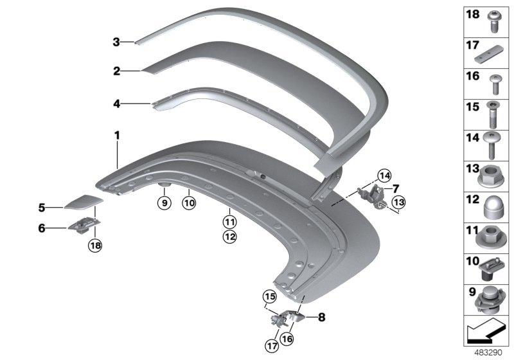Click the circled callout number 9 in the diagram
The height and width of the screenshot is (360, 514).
tap(164, 203)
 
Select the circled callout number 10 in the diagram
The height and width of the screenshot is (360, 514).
tap(188, 203)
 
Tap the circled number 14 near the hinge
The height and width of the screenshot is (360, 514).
tap(384, 175)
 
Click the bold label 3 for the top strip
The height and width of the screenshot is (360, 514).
tap(116, 42)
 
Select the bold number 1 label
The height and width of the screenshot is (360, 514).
tap(117, 135)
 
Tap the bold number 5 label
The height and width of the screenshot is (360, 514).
tap(41, 208)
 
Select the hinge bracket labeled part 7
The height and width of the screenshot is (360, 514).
tap(373, 192)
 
